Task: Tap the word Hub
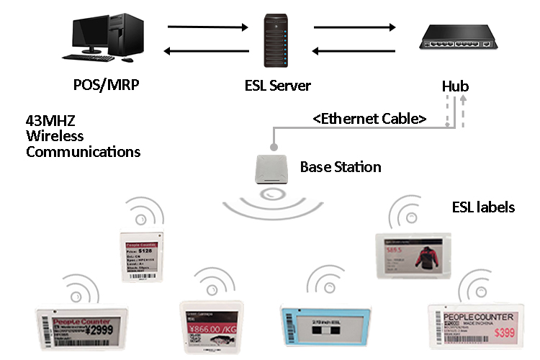click(x=455, y=87)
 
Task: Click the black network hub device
click(x=458, y=40)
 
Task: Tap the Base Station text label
click(x=341, y=167)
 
